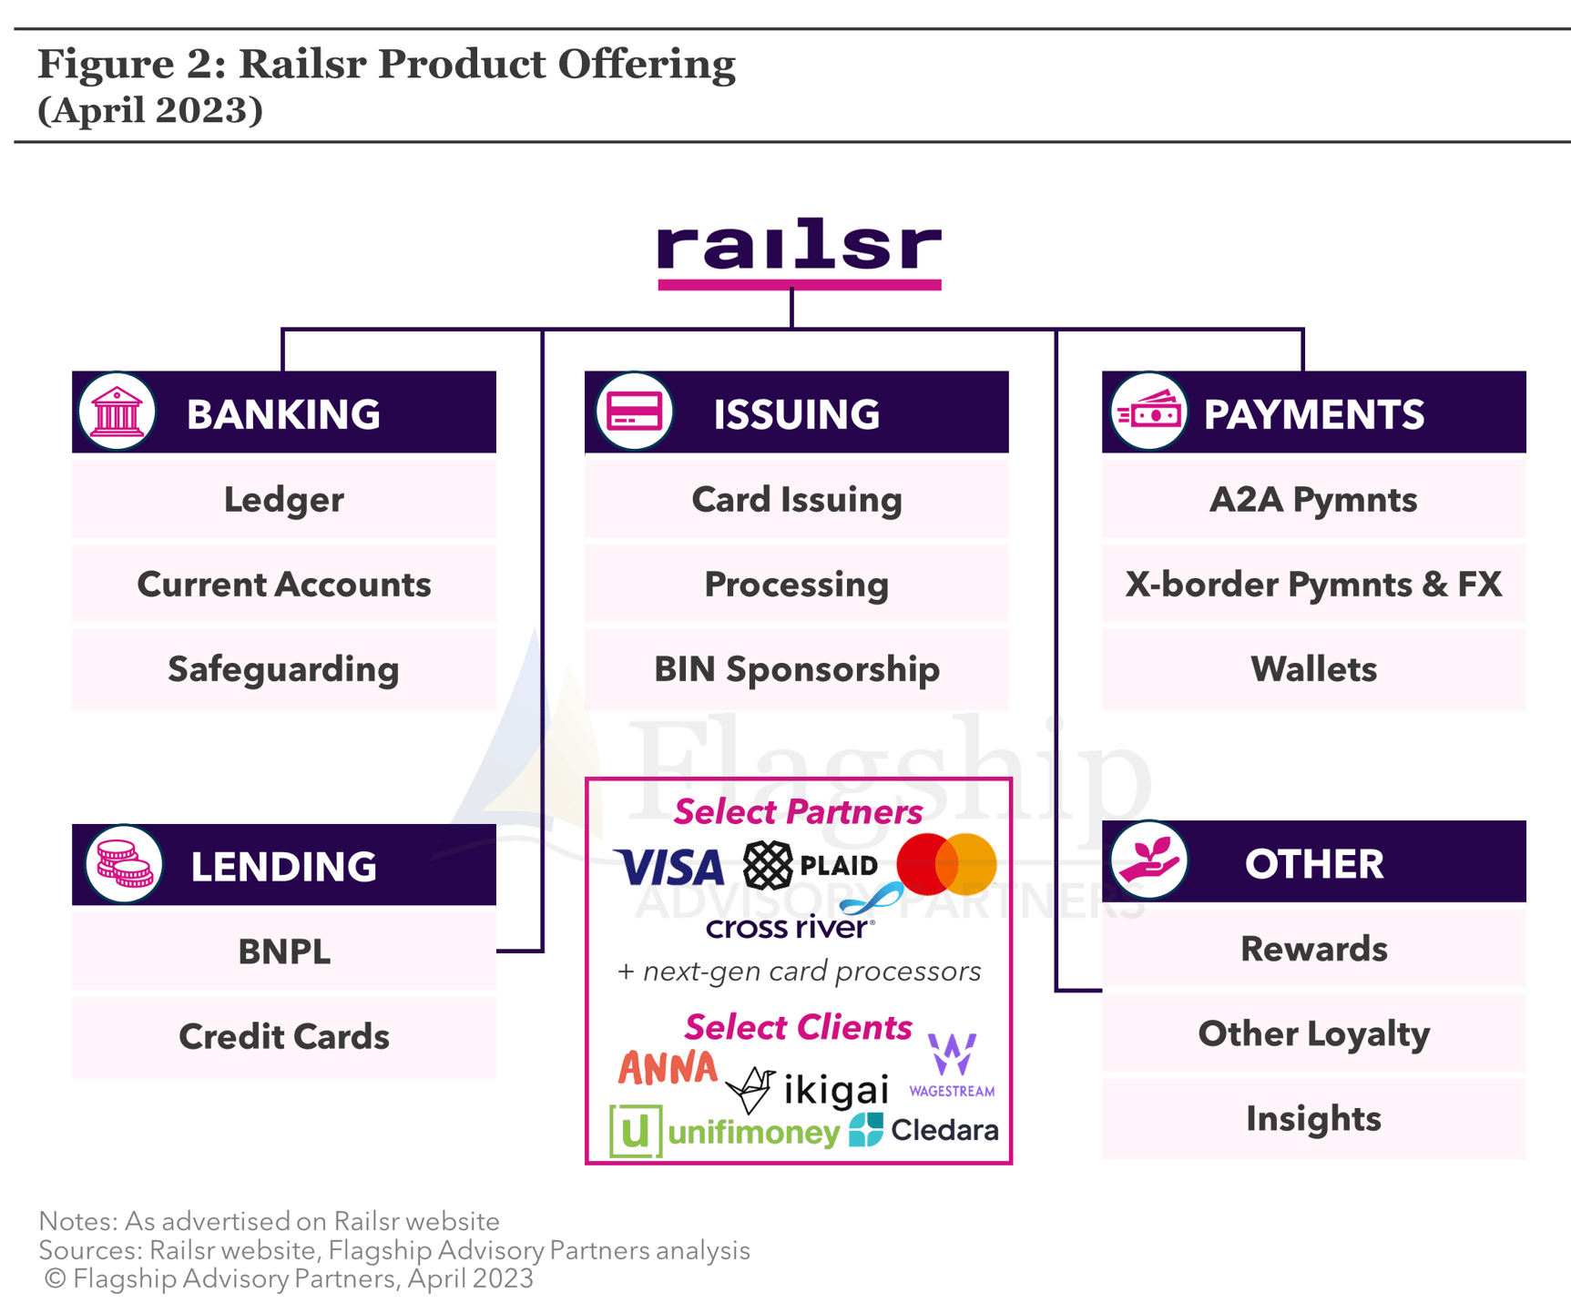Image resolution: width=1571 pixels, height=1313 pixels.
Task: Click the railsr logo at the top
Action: pyautogui.click(x=799, y=250)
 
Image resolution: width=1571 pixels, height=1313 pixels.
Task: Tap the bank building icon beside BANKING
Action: pyautogui.click(x=117, y=412)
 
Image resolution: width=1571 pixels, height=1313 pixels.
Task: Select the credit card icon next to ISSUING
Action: pyautogui.click(x=634, y=412)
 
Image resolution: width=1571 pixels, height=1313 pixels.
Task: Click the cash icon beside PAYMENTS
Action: pyautogui.click(x=1149, y=412)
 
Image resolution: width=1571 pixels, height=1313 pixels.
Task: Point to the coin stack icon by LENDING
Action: pyautogui.click(x=124, y=864)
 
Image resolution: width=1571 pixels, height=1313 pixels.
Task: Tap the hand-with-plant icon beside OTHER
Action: pyautogui.click(x=1149, y=860)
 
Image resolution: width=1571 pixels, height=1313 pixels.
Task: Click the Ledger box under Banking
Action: pyautogui.click(x=284, y=499)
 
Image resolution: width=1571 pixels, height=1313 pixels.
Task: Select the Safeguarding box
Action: pyautogui.click(x=284, y=669)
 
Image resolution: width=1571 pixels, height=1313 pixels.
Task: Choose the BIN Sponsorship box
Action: pyautogui.click(x=797, y=669)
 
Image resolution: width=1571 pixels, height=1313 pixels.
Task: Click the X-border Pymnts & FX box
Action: pyautogui.click(x=1313, y=585)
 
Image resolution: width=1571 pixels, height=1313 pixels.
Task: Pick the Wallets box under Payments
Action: pyautogui.click(x=1313, y=669)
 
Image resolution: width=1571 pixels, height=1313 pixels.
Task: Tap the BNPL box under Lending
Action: pyautogui.click(x=284, y=952)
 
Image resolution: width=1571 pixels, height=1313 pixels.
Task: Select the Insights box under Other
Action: pyautogui.click(x=1313, y=1118)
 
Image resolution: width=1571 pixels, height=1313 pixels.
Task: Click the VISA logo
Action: pyautogui.click(x=669, y=867)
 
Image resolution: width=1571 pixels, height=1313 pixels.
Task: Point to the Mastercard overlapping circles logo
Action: pyautogui.click(x=946, y=863)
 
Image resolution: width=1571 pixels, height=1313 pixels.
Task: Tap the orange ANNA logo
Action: pyautogui.click(x=668, y=1068)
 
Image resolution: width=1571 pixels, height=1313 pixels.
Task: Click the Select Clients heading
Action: pyautogui.click(x=798, y=1027)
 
